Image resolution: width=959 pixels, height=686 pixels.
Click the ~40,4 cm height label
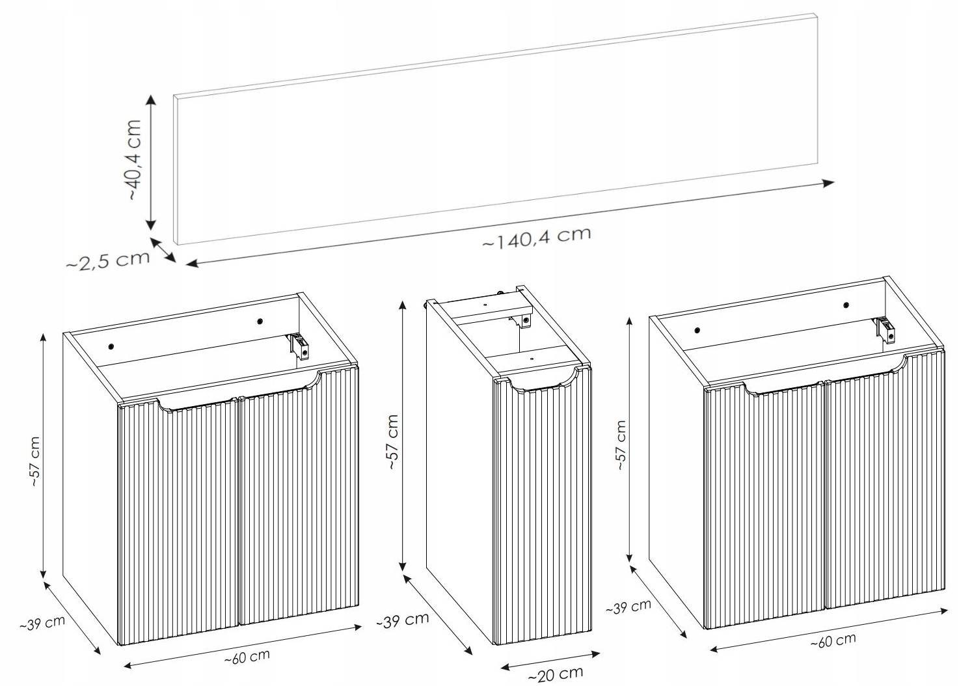tap(135, 159)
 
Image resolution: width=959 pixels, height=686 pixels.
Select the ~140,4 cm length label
tap(537, 237)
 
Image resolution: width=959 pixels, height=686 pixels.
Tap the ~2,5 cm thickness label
tap(108, 260)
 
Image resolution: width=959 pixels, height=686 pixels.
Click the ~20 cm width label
tap(556, 674)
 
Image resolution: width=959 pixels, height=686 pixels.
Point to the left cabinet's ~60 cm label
tap(247, 657)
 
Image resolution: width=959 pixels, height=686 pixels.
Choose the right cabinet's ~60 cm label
tap(833, 641)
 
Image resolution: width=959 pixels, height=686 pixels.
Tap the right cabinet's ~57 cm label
tap(621, 446)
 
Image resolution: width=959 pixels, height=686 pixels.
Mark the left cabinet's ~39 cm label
tap(42, 623)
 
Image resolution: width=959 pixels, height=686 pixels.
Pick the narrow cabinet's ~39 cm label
tap(403, 620)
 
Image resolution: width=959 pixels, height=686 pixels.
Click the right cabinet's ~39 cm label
tap(628, 607)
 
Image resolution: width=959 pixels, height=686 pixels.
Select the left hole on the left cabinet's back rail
tap(111, 346)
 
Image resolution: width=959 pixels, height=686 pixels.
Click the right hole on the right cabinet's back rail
tap(846, 305)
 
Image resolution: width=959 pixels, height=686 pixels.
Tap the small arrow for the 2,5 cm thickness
tap(163, 250)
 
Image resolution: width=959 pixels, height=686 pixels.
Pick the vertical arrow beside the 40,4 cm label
tap(151, 163)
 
